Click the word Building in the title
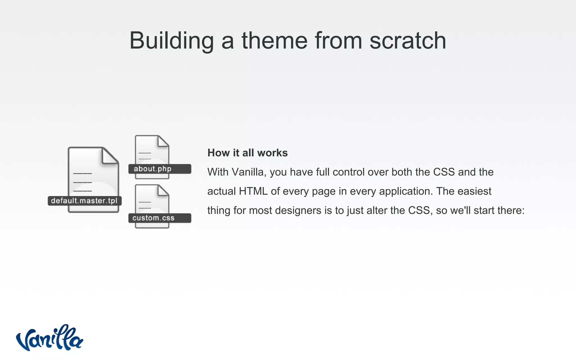coord(171,41)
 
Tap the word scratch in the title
coord(408,41)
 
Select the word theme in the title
coord(274,41)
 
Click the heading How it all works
coord(247,153)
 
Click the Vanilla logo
coord(49,338)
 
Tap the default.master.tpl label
coord(84,201)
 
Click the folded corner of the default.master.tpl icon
coord(110,155)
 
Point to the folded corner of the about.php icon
coord(163,141)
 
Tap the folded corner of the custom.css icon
coord(163,190)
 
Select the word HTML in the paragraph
coord(253,191)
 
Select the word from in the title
coord(338,41)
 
